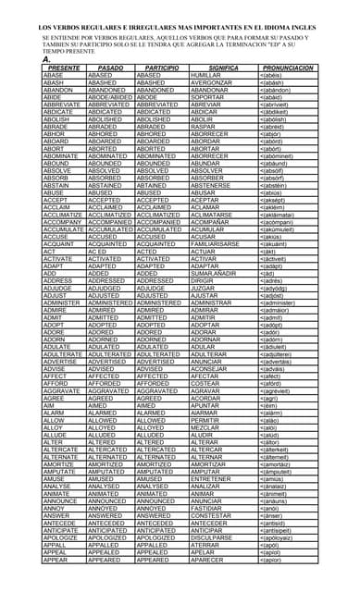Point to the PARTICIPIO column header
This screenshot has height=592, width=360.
[161, 68]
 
